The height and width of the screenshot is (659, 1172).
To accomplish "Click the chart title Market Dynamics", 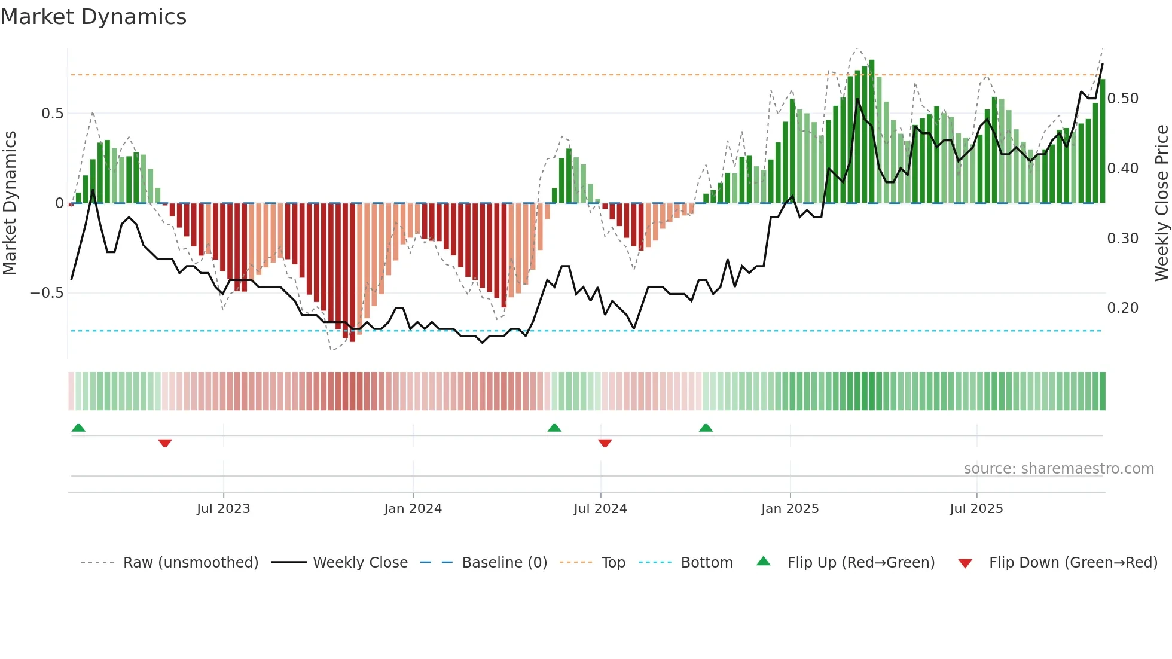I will coord(94,17).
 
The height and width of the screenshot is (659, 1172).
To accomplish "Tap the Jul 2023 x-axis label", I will coord(223,509).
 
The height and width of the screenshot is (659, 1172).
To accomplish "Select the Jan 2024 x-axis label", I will coord(413,509).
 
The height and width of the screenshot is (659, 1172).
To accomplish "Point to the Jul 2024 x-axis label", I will coord(600,509).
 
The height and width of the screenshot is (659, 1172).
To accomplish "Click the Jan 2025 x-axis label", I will coord(790,509).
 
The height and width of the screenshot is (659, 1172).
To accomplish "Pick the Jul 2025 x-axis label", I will coord(976,509).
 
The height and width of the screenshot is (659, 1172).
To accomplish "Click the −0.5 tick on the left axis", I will coord(47,293).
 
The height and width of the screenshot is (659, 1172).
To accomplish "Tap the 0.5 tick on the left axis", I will coord(52,114).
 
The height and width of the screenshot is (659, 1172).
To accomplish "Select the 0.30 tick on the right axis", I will coord(1122,239).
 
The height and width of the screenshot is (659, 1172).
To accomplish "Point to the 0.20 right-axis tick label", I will coord(1122,308).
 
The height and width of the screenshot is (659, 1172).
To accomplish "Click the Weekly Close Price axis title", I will coord(1161,203).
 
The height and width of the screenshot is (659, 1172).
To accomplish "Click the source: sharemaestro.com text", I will coord(1058,469).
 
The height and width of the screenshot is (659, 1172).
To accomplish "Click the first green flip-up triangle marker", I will coord(78,428).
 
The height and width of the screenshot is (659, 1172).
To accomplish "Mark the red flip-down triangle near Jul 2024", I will coord(605,443).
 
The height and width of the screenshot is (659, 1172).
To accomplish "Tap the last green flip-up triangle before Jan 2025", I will coord(706,428).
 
